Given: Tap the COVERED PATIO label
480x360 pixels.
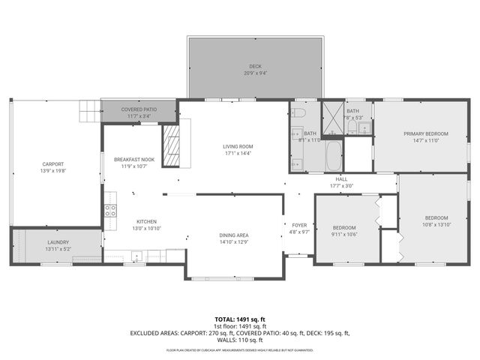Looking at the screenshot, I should (139, 109).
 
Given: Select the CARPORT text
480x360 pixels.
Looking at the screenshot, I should (52, 164).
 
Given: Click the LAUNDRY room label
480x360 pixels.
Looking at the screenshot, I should (58, 242).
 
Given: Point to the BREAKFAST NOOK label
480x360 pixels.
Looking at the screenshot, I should (134, 160).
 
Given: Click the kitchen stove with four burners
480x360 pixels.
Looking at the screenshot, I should (110, 210).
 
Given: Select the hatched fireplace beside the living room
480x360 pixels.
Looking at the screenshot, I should (172, 144).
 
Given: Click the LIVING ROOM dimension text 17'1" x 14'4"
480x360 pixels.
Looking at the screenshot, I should (237, 153).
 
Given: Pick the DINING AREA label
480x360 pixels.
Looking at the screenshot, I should (234, 235).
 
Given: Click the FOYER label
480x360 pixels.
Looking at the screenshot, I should (299, 225).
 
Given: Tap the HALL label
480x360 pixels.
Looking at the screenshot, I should (341, 178).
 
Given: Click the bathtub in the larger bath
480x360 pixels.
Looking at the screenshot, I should (332, 156).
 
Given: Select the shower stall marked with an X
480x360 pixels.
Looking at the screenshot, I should (331, 117).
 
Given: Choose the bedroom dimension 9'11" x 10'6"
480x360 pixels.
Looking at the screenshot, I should (345, 233).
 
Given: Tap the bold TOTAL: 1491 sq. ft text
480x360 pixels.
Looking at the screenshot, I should (240, 319).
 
